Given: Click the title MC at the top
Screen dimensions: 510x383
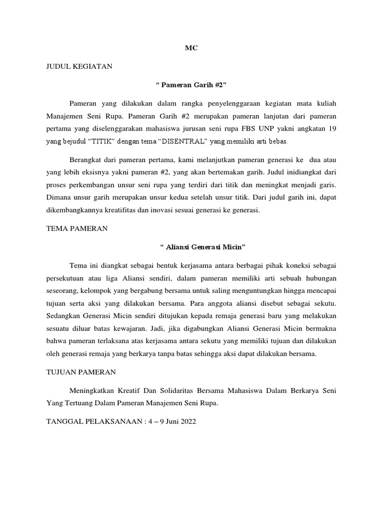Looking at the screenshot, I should coord(191,48).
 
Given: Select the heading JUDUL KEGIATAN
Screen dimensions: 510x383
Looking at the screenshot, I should coord(79,66).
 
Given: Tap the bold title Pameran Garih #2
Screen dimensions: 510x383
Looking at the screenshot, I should coord(191,84).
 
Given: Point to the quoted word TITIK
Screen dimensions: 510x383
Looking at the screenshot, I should coord(103,141).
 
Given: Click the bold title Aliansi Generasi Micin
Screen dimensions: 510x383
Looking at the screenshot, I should coord(202,247).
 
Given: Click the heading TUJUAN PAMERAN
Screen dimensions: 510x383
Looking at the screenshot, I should coord(81,372).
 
